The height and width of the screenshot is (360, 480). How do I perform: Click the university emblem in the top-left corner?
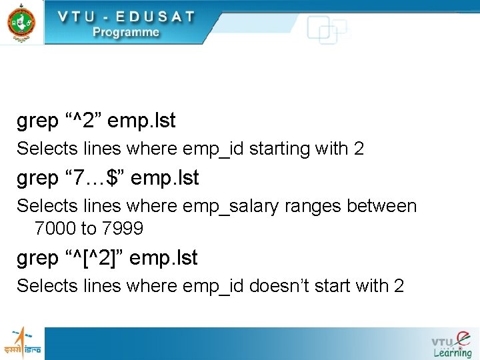click(21, 22)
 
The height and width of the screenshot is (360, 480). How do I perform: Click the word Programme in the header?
click(126, 32)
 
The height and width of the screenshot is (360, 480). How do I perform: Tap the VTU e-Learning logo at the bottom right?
click(451, 343)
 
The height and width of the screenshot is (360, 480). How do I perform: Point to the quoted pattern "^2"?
click(83, 121)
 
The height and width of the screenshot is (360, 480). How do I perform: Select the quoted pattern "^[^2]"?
click(94, 257)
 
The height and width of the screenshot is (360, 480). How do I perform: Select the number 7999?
click(122, 229)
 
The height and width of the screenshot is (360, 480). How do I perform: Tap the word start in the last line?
click(338, 286)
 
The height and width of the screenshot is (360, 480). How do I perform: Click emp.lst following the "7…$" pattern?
click(165, 179)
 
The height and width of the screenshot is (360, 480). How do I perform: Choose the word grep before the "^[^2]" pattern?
click(37, 258)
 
